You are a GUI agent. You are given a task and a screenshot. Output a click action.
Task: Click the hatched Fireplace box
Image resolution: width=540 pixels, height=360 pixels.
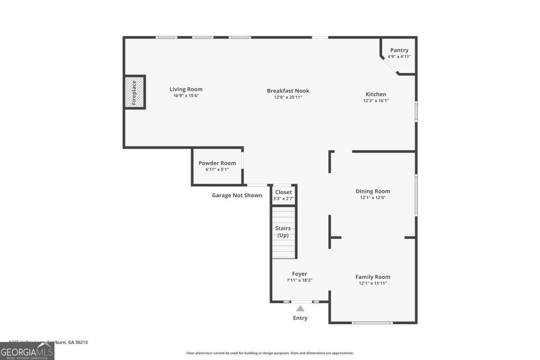135,92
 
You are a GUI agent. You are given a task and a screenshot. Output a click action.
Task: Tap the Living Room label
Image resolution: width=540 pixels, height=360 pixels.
186,89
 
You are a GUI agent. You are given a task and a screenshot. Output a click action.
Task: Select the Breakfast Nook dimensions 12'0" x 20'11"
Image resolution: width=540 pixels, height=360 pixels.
288,97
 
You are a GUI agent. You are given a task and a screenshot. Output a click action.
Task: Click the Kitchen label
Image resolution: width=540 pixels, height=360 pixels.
376,94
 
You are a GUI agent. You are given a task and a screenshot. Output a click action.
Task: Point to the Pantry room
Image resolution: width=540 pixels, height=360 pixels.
399,54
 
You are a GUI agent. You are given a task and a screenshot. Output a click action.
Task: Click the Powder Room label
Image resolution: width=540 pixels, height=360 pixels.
217,163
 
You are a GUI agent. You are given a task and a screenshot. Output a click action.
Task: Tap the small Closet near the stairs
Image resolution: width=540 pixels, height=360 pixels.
283,195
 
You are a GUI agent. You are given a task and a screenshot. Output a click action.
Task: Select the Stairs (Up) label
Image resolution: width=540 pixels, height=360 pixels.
283,232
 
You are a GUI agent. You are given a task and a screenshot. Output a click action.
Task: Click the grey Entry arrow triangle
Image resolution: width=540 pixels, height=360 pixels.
300,308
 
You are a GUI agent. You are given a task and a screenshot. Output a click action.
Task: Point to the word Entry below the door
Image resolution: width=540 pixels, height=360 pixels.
300,318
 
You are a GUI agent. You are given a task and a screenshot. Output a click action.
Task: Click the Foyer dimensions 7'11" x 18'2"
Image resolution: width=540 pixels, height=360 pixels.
300,280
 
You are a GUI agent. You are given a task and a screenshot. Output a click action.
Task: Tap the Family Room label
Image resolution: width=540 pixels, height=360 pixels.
373,277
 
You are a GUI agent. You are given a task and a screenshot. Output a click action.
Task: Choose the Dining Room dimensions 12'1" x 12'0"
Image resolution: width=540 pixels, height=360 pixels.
373,198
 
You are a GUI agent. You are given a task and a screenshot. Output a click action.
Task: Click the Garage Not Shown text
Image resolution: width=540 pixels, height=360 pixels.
237,195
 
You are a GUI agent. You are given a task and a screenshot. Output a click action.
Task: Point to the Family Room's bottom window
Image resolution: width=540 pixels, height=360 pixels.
372,322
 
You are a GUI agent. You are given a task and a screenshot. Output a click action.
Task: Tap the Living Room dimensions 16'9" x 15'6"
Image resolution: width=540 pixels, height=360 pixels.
186,96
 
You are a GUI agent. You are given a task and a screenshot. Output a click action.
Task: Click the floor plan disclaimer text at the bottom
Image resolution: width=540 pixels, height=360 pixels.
270,353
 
